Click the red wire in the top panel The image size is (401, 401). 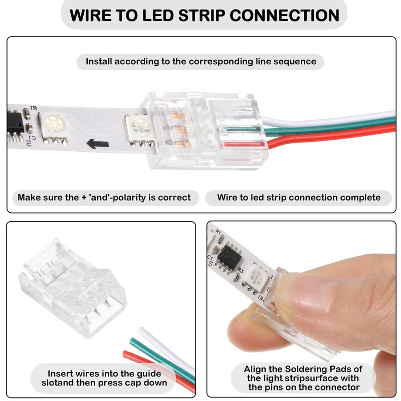[x=331, y=134]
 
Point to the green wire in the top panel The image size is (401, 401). [x=331, y=126]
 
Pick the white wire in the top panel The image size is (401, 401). [x=331, y=118]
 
